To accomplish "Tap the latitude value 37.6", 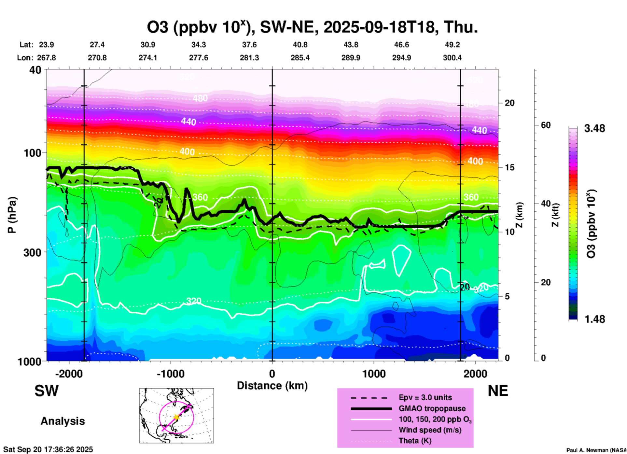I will pos(249,45).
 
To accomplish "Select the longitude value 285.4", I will pos(300,58).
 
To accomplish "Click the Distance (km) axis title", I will pos(272,386).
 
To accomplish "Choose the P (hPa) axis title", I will pos(12,215).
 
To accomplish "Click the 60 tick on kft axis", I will pos(546,125).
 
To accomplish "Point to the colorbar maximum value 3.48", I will pos(594,129).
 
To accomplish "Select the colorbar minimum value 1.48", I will pos(594,319).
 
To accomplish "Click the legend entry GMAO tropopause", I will pos(432,408).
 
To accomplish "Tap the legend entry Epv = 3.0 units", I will pos(425,398).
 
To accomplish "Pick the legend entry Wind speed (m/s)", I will pos(430,430).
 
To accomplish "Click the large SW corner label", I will pos(47,391).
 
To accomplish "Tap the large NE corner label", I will pos(498,391).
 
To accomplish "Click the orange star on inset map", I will pos(176,417).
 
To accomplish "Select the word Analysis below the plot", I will pos(63,421).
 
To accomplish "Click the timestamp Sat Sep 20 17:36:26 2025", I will pos(48,449).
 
